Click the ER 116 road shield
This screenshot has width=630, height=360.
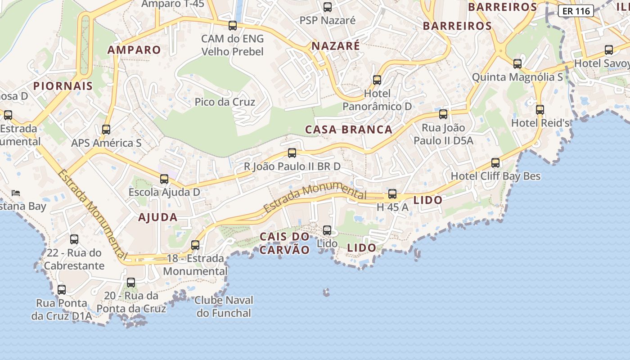(576, 11)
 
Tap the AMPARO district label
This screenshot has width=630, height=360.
(134, 50)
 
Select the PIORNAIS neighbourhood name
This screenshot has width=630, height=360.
(63, 86)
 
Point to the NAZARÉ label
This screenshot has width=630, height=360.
(336, 46)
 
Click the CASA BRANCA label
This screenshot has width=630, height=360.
(349, 130)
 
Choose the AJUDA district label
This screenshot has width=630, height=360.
(158, 217)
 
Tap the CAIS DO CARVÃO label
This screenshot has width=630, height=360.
(285, 243)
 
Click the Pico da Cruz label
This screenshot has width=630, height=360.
(225, 102)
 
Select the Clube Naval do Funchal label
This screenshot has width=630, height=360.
(224, 306)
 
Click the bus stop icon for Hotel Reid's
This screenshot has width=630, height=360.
(540, 109)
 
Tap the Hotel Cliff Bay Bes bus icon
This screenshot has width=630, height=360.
(495, 162)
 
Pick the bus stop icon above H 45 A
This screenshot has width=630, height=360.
(392, 194)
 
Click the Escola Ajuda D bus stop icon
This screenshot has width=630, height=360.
(164, 179)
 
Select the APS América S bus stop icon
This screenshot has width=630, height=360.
(106, 130)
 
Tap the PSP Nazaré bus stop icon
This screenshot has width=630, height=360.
(328, 7)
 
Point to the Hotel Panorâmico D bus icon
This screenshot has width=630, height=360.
(377, 80)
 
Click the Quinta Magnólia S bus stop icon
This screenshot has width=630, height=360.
(517, 64)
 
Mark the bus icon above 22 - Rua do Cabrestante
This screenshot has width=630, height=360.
(74, 239)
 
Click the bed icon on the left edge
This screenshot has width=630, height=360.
(16, 193)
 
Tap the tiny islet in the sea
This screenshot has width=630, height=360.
(326, 292)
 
